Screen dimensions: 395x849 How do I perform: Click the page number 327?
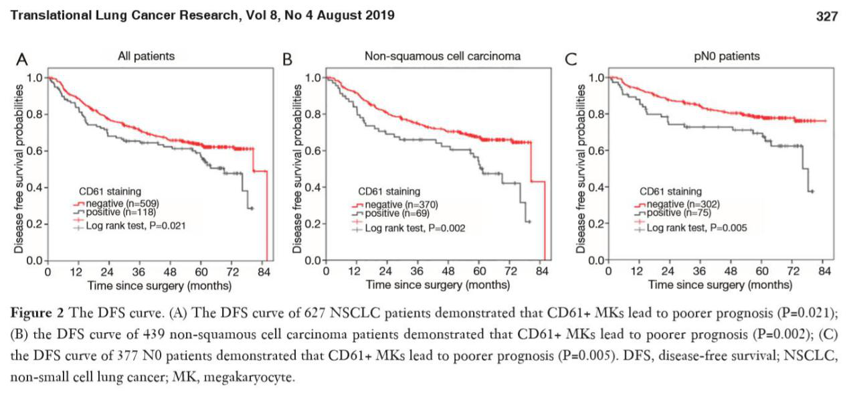827,17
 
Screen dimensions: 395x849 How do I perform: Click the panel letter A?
23,60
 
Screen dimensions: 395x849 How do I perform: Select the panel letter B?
288,60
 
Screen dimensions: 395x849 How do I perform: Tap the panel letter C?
571,60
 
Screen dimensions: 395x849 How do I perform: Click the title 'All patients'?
146,56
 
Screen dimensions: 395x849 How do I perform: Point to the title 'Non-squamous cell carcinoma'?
442,56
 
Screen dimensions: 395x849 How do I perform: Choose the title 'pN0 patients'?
727,56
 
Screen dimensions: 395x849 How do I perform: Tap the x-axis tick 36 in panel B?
416,272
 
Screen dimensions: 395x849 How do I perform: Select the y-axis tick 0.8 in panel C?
595,114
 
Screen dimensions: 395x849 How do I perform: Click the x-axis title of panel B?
438,285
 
